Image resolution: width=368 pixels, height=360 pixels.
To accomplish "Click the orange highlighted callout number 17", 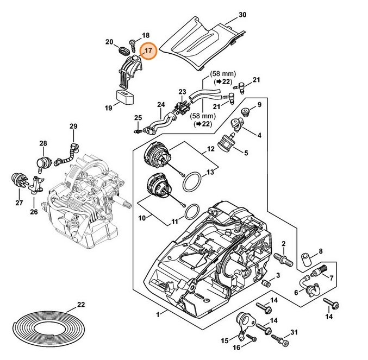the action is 148,51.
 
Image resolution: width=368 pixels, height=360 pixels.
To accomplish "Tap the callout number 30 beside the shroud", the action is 242,15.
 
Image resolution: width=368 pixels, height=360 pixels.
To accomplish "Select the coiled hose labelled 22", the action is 48,327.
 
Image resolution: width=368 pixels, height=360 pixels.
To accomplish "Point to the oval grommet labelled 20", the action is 123,50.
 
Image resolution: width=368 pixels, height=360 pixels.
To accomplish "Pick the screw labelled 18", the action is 133,46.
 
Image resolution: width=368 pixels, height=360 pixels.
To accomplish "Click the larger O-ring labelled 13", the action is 192,182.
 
